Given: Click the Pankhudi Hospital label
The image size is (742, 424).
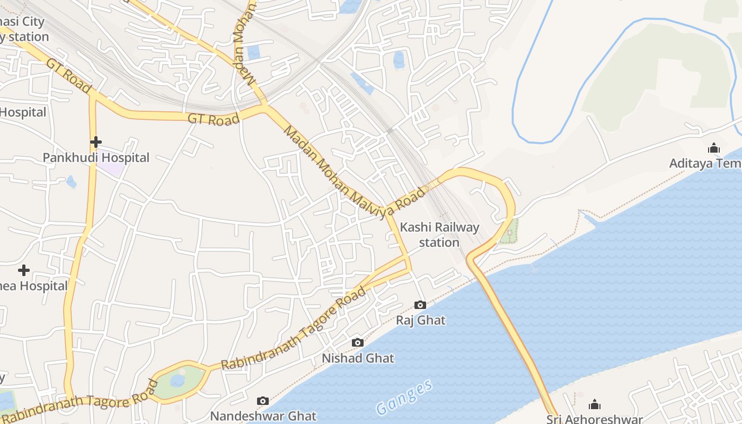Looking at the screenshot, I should (96, 157).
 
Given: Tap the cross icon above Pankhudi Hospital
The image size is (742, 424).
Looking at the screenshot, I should (96, 142).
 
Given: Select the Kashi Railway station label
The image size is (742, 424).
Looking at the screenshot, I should (439, 235).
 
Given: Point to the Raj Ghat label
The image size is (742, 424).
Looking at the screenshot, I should (421, 320).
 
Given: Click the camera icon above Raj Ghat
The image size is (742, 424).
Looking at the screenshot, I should (420, 305).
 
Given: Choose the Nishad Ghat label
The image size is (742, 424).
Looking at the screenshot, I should (358, 358).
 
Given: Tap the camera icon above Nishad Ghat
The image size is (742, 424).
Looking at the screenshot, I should (358, 343).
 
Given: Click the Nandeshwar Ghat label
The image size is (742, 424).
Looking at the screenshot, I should (263, 416).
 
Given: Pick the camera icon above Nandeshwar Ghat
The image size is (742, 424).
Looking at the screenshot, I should (263, 401).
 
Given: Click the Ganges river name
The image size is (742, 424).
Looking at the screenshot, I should (404, 397).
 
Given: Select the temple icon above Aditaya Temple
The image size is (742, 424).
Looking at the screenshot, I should (714, 148).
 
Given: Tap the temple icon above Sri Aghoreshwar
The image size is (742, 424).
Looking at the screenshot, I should (595, 404).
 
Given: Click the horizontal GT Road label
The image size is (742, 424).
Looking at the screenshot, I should (214, 119).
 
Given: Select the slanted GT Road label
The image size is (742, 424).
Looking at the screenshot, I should (69, 75).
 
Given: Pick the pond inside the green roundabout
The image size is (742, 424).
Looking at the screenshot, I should (178, 381).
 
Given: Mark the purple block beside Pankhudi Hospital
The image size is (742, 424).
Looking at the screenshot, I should (111, 169).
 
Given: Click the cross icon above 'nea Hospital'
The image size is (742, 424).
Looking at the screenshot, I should (24, 271).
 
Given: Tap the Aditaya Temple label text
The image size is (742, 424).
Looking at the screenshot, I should (705, 163).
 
